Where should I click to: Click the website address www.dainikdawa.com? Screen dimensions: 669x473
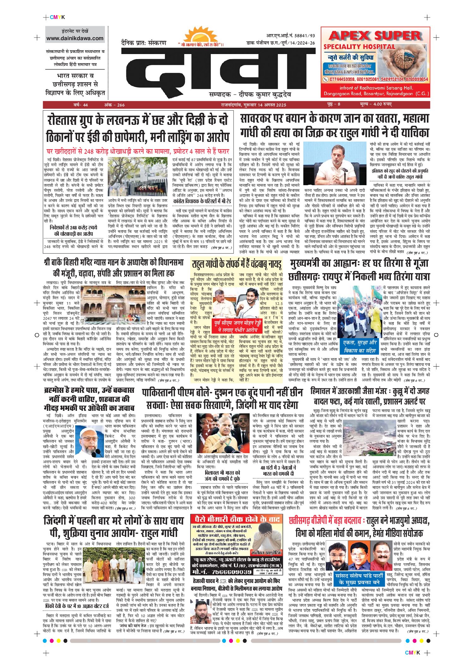click(75, 38)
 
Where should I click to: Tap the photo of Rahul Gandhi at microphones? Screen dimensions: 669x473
click(335, 164)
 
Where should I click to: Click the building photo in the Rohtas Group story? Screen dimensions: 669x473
click(137, 176)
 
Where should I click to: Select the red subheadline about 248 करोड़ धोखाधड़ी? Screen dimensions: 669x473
click(138, 151)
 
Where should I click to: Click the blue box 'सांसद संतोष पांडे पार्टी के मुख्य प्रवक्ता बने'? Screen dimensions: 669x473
click(359, 579)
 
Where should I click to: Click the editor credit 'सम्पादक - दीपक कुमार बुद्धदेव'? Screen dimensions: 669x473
click(250, 94)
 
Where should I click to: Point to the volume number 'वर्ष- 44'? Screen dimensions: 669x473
click(81, 105)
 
